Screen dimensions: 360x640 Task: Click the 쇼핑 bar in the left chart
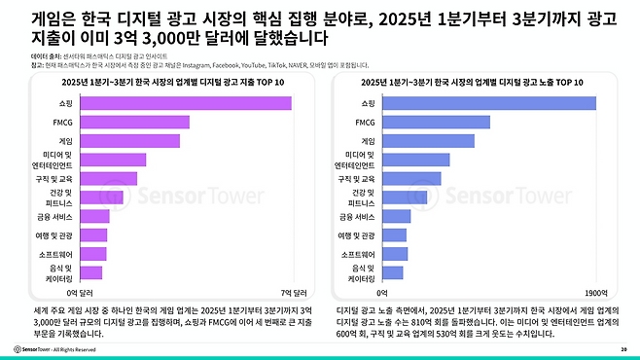click(185, 103)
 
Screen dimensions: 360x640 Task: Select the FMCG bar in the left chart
click(134, 122)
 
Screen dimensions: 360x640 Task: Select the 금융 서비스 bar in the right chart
click(397, 216)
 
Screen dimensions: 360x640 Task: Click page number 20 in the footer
click(622, 348)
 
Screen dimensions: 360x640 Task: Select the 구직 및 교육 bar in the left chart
click(108, 178)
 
